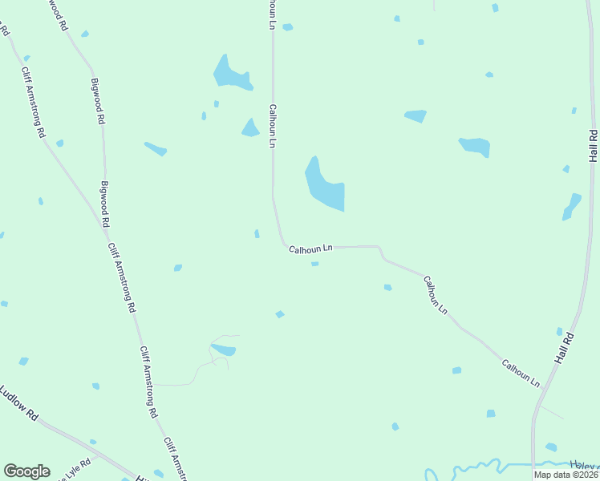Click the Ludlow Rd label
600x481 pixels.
tap(19, 405)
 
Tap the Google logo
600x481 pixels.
tap(26, 471)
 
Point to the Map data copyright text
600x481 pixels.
tap(565, 475)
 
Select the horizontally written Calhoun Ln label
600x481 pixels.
tap(310, 250)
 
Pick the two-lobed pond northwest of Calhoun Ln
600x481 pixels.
tap(230, 74)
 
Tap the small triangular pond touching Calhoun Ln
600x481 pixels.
tap(250, 128)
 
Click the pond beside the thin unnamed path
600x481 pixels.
tap(224, 350)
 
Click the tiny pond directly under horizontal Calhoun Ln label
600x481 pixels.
tap(314, 264)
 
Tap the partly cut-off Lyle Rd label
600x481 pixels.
tap(74, 471)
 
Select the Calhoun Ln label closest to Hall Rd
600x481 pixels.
tap(520, 374)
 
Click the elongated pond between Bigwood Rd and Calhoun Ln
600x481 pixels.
tap(156, 149)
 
